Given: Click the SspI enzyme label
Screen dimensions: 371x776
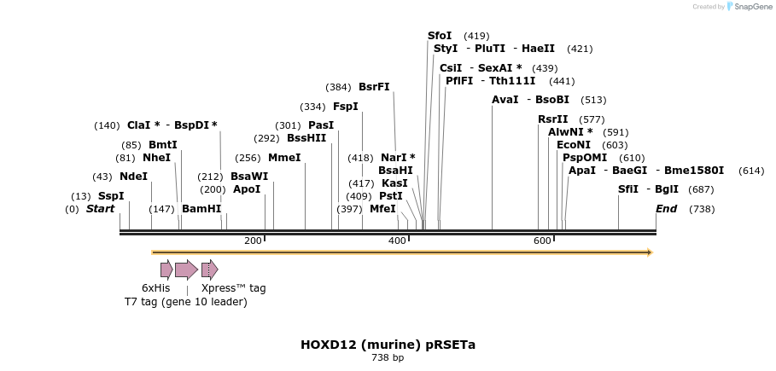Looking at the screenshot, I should pyautogui.click(x=110, y=196).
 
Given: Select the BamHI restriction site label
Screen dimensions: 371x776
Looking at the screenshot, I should pyautogui.click(x=201, y=209).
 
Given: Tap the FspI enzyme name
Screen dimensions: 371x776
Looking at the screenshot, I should pyautogui.click(x=345, y=107).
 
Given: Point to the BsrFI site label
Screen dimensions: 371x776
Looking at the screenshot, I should pyautogui.click(x=374, y=87).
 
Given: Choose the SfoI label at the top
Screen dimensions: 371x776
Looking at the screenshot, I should pyautogui.click(x=440, y=36).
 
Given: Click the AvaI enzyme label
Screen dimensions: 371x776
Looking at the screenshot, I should pyautogui.click(x=505, y=100).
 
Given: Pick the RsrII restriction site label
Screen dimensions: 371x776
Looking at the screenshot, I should pyautogui.click(x=552, y=119).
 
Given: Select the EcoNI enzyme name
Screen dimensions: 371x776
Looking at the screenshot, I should pyautogui.click(x=573, y=145).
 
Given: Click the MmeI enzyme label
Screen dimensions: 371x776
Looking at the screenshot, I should pyautogui.click(x=284, y=158).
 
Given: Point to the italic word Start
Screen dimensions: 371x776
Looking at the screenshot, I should pyautogui.click(x=100, y=209).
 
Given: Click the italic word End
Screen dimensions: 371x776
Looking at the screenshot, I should pyautogui.click(x=666, y=209).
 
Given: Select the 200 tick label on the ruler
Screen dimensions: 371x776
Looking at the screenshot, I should pyautogui.click(x=253, y=241).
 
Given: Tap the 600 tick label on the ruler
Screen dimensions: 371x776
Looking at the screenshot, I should pyautogui.click(x=542, y=241).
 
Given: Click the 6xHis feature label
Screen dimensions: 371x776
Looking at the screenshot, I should pyautogui.click(x=155, y=288).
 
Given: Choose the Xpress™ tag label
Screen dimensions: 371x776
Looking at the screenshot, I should pyautogui.click(x=233, y=288).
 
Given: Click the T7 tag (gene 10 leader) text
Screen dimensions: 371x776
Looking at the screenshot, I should pyautogui.click(x=185, y=302).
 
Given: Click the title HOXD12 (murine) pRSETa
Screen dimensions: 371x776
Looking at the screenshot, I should pyautogui.click(x=388, y=345).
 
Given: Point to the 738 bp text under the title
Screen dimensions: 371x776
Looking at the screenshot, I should pyautogui.click(x=388, y=358).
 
